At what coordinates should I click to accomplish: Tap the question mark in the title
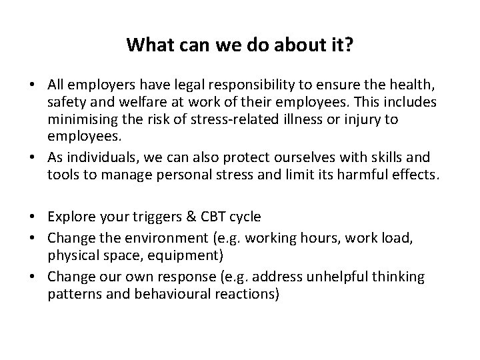coord(350,46)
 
